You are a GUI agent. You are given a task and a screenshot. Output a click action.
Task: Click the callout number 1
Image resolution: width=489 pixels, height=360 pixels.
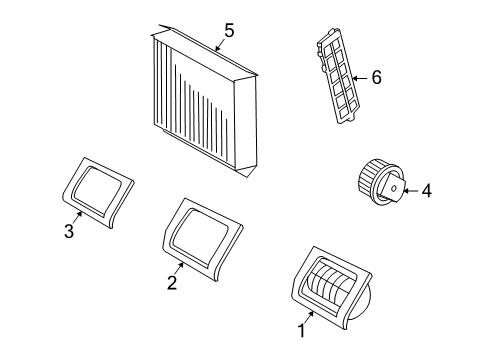[x=301, y=331]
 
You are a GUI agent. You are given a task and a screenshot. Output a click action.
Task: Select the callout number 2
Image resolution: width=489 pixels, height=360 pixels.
[x=172, y=283]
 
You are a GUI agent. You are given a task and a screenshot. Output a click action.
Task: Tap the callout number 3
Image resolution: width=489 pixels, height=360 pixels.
[x=69, y=231]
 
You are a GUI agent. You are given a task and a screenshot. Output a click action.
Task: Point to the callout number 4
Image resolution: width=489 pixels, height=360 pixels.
[x=426, y=191]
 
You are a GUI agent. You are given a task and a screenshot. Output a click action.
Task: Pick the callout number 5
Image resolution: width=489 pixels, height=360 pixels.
[x=229, y=30]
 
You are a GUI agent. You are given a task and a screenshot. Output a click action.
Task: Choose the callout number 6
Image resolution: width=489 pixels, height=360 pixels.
[x=376, y=77]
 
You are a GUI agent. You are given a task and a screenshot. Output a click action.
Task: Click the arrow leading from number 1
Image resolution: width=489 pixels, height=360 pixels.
[x=308, y=318]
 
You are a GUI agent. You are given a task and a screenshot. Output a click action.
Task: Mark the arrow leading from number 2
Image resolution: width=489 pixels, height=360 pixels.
[x=179, y=269]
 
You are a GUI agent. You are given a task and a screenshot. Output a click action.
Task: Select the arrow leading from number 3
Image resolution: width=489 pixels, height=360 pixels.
[x=77, y=218]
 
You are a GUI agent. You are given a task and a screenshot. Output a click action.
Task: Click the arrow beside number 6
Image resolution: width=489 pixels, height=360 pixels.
[x=360, y=78]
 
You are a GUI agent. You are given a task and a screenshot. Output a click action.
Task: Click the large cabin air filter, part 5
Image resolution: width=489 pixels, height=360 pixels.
[x=204, y=100]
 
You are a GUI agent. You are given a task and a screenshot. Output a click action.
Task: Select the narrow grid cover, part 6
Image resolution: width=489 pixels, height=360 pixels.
[x=338, y=76]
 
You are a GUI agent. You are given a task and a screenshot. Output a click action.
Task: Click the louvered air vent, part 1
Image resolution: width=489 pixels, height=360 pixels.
[x=332, y=288]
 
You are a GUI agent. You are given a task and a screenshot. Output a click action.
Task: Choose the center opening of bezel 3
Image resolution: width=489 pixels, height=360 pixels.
[x=97, y=189]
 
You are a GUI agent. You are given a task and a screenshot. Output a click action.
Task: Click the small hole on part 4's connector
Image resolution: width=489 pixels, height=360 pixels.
[x=394, y=188]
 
